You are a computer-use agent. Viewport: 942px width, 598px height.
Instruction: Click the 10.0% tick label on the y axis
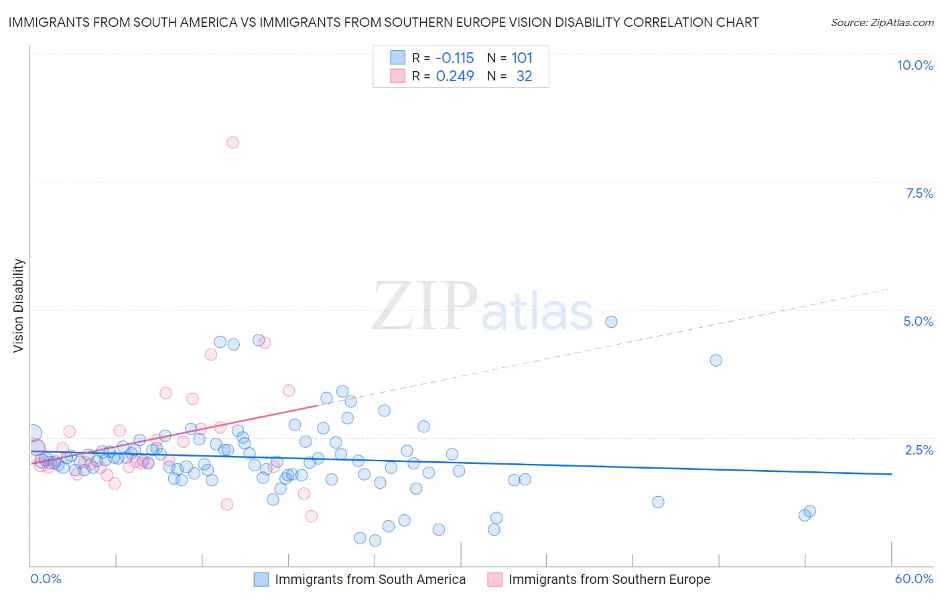point(915,65)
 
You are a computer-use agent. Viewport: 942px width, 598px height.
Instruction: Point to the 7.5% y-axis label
point(919,193)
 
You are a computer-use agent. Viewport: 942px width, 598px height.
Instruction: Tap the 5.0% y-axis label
point(918,321)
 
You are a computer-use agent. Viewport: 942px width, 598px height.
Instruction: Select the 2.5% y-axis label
point(919,450)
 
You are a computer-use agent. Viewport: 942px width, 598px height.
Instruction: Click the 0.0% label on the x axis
point(46,579)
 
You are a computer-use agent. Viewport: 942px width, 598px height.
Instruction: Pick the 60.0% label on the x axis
point(914,579)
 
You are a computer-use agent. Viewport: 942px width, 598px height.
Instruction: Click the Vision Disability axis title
point(19,305)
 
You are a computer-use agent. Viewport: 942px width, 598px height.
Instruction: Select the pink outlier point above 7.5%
point(232,142)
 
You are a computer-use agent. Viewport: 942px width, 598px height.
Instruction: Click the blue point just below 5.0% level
point(611,322)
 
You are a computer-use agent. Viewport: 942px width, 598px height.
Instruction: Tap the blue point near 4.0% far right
point(716,360)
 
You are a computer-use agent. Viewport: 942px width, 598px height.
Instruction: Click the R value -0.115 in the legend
point(454,58)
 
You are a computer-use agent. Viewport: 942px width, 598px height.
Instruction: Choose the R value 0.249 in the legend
point(455,76)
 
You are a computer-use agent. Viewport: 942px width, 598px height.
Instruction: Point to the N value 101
point(522,58)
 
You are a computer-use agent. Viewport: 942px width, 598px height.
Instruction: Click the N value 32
point(524,76)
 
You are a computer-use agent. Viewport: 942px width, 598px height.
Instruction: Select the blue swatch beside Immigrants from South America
point(261,579)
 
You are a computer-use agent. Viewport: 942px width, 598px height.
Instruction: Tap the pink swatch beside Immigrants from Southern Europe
point(494,579)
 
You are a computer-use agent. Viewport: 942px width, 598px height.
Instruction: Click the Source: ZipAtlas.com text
point(882,23)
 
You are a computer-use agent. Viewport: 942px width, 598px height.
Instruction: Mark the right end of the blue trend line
point(891,474)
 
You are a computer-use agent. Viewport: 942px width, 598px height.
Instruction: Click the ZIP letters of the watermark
point(425,306)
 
